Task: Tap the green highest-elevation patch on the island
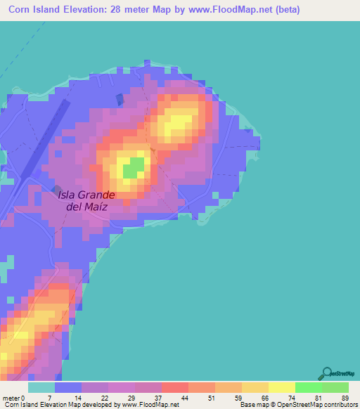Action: (134, 168)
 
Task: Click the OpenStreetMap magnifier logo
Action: (326, 374)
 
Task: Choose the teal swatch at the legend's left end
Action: (41, 387)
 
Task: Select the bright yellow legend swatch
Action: (281, 387)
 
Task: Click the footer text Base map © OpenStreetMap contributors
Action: (297, 405)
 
